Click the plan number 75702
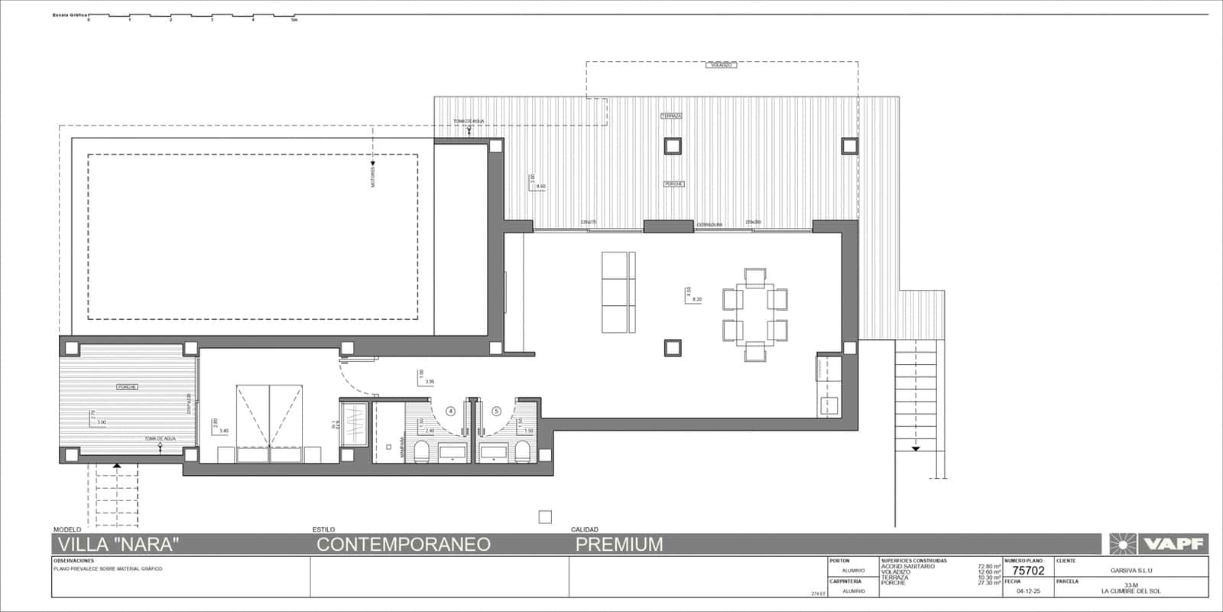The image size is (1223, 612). (x=1028, y=571)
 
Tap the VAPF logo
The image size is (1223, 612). (x=1159, y=544)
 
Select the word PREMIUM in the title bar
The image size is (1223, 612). (x=619, y=545)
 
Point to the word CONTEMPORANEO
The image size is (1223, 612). (x=404, y=545)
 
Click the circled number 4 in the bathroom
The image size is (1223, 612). (x=450, y=412)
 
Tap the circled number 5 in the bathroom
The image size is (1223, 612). (x=496, y=412)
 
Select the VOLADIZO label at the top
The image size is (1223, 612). (x=722, y=66)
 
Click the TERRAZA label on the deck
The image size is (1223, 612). (x=672, y=116)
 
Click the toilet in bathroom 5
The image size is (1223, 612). (x=523, y=451)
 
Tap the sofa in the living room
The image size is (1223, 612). (x=618, y=292)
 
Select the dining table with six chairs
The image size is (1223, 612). (x=754, y=314)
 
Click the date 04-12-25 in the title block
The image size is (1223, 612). (x=1028, y=591)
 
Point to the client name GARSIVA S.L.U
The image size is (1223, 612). (x=1131, y=571)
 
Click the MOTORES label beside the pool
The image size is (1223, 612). (x=373, y=178)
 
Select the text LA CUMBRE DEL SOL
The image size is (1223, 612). (x=1131, y=591)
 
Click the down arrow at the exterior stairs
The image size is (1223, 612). (x=915, y=449)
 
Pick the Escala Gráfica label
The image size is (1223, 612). (x=69, y=15)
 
